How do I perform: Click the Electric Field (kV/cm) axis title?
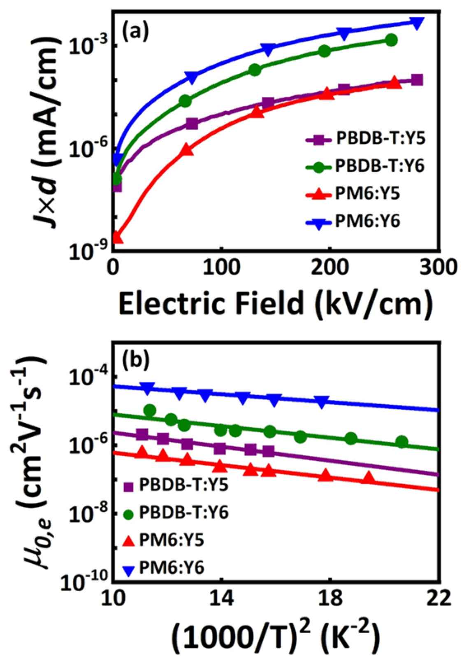coord(276,304)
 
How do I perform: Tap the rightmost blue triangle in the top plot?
coord(417,23)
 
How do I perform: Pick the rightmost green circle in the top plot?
coord(392,40)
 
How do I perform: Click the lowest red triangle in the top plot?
coord(118,237)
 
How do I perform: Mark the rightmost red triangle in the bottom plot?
coord(369,478)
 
